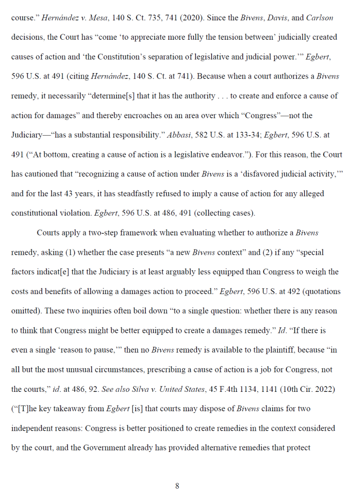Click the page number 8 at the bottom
click(x=177, y=486)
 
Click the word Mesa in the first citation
click(x=98, y=17)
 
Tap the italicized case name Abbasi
click(x=179, y=135)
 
